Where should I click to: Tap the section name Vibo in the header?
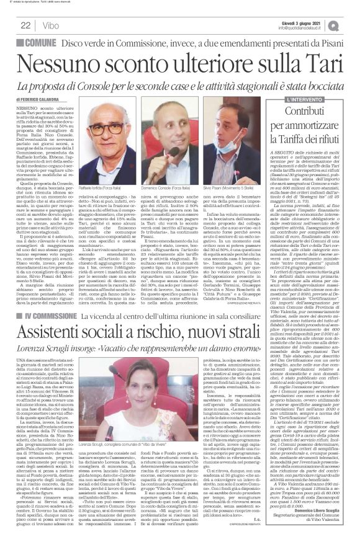pyautogui.click(x=46, y=25)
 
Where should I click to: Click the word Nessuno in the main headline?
pyautogui.click(x=58, y=64)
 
